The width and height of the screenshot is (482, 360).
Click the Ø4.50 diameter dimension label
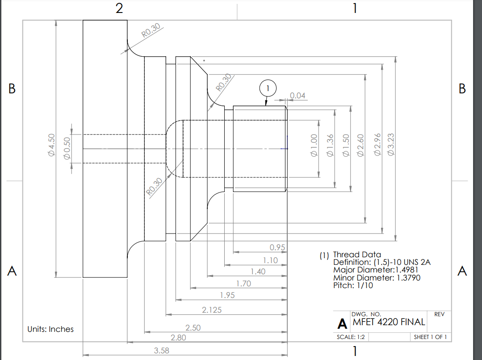coord(51,145)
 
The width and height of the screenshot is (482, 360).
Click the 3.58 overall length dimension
coord(161,351)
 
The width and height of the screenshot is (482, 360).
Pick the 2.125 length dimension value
coord(212,310)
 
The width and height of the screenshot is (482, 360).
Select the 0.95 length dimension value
coord(277,247)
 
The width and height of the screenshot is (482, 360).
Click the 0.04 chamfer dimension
coord(298,96)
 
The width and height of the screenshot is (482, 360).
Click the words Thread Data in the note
coord(357,255)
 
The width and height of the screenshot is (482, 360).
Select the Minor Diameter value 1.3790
coord(406,278)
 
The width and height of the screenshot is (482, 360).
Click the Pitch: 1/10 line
coord(353,285)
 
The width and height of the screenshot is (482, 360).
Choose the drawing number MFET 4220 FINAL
coord(389,322)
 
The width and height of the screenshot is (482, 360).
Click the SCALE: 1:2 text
coord(351,337)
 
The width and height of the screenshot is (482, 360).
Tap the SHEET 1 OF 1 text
coord(430,337)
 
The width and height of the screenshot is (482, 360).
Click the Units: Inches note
coord(50,329)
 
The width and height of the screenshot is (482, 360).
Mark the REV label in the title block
coord(439,314)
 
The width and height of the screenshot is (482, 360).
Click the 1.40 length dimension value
coord(258,272)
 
